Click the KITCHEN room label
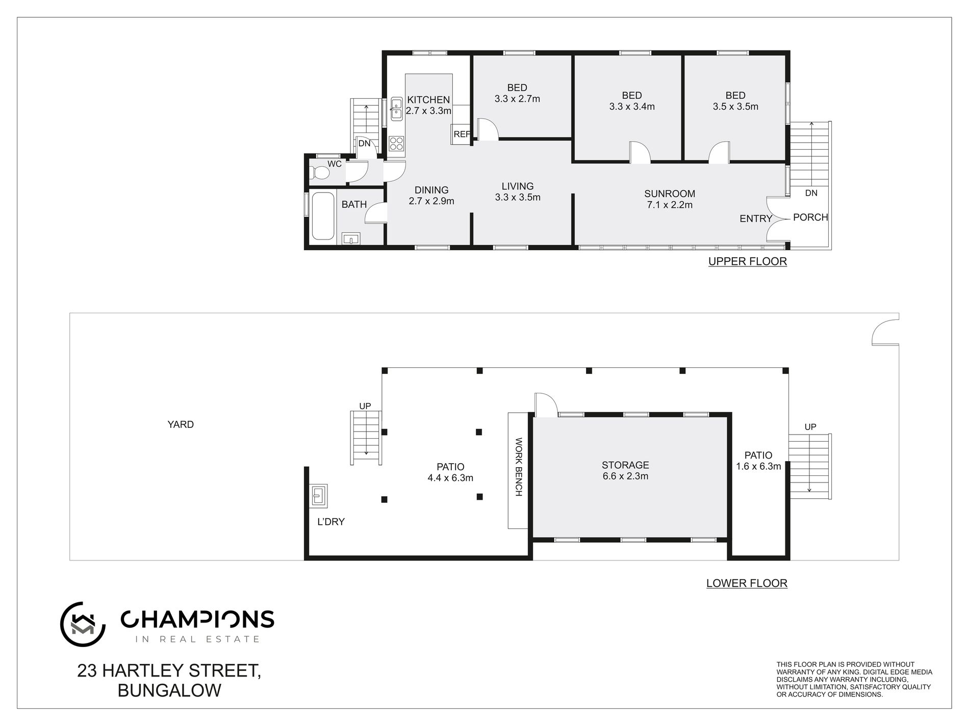[x=428, y=100]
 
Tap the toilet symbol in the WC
[x=320, y=172]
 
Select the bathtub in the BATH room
[x=322, y=216]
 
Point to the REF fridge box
[x=461, y=135]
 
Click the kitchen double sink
[x=397, y=109]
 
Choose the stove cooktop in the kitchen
[x=396, y=144]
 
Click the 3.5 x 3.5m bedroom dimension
[x=735, y=106]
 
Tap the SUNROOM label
[x=669, y=194]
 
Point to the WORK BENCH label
[x=518, y=467]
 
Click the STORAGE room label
[x=625, y=465]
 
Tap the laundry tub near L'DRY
[x=318, y=495]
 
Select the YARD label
[x=181, y=424]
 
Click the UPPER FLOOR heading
[x=747, y=262]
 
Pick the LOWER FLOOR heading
[x=746, y=583]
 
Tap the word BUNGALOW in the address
[x=169, y=690]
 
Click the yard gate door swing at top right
[x=885, y=331]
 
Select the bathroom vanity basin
[x=351, y=238]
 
